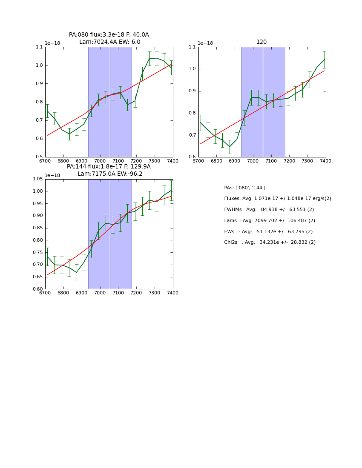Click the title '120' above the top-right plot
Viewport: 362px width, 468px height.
261,42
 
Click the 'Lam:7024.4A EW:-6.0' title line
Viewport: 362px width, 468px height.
109,42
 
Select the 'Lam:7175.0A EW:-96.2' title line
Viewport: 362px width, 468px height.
110,174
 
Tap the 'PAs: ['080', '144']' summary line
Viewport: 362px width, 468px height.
244,188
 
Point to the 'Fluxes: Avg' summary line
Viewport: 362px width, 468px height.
277,199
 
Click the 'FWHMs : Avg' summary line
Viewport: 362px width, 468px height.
269,210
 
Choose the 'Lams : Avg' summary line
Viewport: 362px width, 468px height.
270,220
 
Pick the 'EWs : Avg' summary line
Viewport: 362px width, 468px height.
268,231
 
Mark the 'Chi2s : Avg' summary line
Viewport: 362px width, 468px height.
270,243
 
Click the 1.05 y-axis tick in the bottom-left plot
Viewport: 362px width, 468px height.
37,179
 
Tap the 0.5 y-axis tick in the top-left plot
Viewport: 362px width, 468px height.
39,157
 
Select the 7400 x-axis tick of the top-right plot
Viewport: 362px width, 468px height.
325,161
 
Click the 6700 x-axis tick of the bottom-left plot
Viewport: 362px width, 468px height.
45,293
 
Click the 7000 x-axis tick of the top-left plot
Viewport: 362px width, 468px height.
100,161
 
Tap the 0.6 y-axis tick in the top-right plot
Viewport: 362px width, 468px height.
192,157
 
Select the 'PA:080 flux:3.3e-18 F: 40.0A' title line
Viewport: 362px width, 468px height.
109,35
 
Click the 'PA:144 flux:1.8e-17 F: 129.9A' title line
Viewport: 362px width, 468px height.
109,167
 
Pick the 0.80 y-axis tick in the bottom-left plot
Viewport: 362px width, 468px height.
37,240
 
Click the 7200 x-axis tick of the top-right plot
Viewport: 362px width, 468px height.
289,161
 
